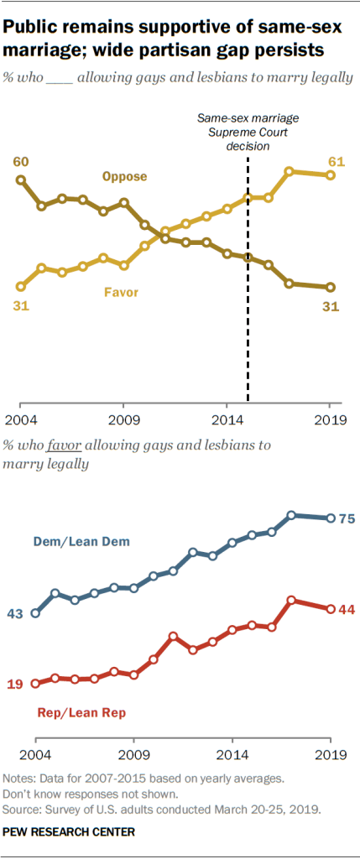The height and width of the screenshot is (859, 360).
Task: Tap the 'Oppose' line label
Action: (124, 176)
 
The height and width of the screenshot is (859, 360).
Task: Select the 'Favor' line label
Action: (121, 293)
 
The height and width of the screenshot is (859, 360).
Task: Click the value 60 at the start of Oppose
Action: (20, 161)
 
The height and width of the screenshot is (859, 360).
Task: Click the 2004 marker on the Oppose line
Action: (21, 180)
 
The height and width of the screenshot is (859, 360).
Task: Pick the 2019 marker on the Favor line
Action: (331, 174)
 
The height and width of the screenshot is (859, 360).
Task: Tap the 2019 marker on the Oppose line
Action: (331, 288)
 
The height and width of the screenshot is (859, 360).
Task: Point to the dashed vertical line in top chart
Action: (248, 336)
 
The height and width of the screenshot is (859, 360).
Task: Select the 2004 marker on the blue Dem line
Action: (35, 613)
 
